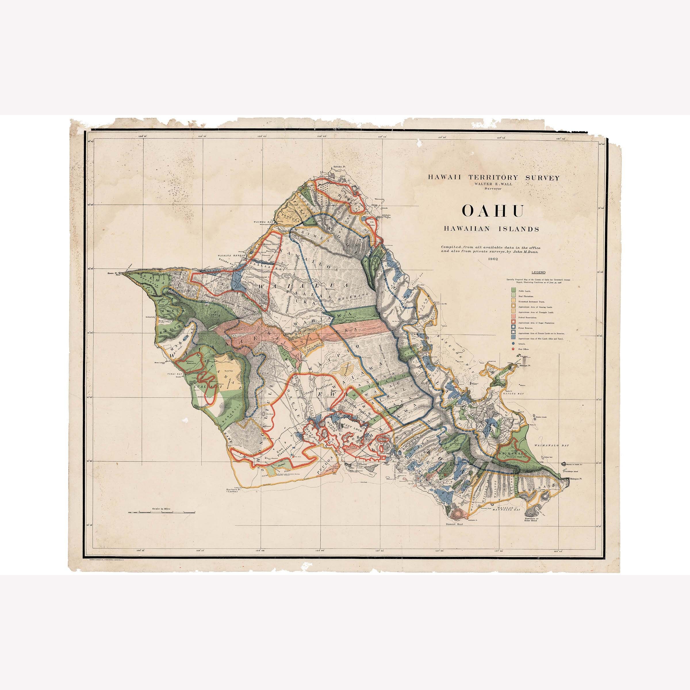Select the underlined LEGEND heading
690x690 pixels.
pyautogui.click(x=538, y=272)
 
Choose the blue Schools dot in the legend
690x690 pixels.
pyautogui.click(x=513, y=343)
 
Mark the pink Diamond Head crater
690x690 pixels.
pyautogui.click(x=456, y=513)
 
